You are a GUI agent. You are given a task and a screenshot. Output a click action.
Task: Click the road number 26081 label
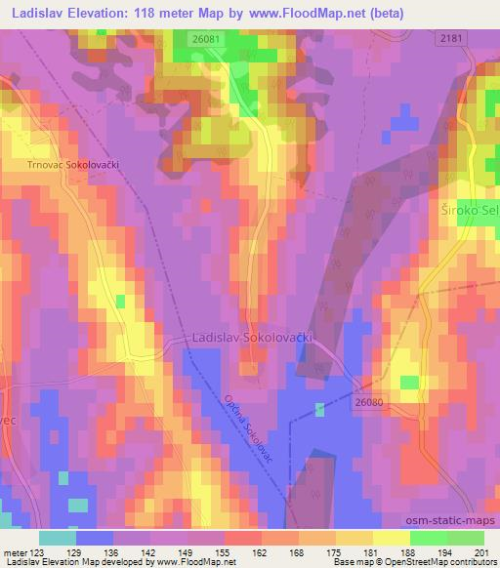click(x=205, y=39)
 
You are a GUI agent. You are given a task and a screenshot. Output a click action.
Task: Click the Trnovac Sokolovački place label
click(x=73, y=166)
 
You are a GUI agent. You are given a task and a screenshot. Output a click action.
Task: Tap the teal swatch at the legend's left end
click(x=58, y=538)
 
